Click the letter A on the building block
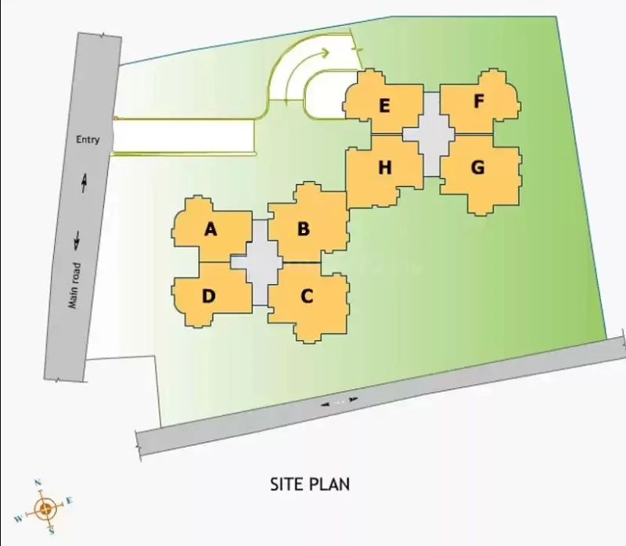point(210,229)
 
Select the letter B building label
point(304,229)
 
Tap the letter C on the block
point(306,296)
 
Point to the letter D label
point(209,296)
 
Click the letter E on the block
point(384,106)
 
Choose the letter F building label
point(479,101)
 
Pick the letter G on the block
point(478,167)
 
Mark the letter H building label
point(385,167)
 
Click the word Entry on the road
point(88,140)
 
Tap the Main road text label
point(74,286)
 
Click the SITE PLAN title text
point(310,484)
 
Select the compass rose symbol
point(45,508)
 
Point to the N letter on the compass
point(38,483)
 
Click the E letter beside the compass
point(69,500)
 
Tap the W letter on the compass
point(18,519)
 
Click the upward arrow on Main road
point(85,184)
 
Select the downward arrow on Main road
point(77,241)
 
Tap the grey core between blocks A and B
point(260,262)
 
